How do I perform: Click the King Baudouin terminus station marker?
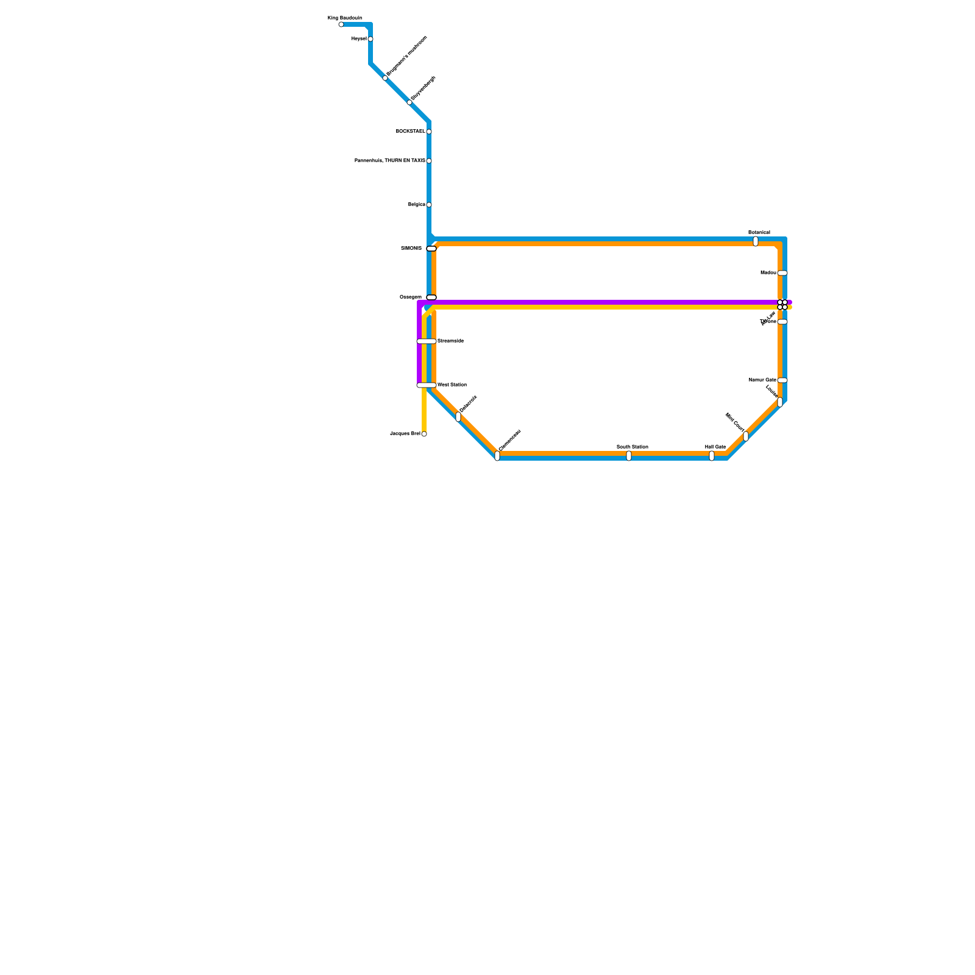(x=341, y=24)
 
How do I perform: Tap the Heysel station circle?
(x=370, y=39)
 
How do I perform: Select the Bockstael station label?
(x=410, y=132)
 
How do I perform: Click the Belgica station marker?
(x=429, y=205)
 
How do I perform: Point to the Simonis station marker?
(x=431, y=249)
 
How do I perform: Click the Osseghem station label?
(x=410, y=297)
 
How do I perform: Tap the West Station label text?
(x=452, y=385)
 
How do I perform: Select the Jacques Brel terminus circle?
(x=424, y=434)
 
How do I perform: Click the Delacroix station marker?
(x=458, y=417)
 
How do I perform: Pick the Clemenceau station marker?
(x=497, y=456)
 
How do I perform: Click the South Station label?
(x=632, y=447)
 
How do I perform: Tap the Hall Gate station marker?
(x=712, y=456)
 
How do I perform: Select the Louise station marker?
(x=780, y=402)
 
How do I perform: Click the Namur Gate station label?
(x=762, y=380)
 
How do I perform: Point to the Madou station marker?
(x=782, y=273)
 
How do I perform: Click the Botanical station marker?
(x=756, y=241)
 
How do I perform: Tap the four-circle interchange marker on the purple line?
(x=782, y=305)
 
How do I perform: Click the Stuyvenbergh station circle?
(x=409, y=102)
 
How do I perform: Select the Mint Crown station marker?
(x=746, y=436)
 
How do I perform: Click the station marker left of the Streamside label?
(x=427, y=341)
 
